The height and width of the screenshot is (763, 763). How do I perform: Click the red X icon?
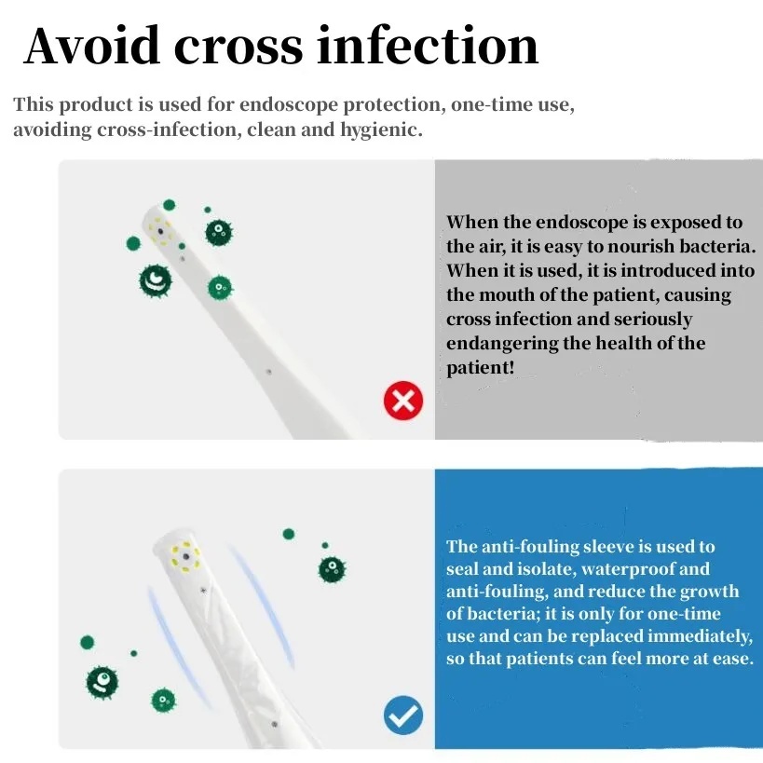click(x=402, y=401)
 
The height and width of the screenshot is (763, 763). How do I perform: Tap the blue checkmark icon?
click(x=402, y=715)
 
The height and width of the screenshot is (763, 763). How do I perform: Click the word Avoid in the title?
click(x=92, y=46)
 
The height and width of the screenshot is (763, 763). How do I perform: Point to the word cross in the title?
click(x=238, y=48)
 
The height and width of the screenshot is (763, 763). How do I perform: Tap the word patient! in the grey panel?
click(x=481, y=368)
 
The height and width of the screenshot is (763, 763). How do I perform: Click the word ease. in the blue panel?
click(x=733, y=659)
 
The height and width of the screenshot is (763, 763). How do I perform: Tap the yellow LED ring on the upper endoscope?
click(x=160, y=232)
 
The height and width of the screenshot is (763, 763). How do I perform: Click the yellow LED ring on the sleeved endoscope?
click(x=185, y=556)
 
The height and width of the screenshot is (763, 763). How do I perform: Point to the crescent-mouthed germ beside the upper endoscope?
click(x=156, y=280)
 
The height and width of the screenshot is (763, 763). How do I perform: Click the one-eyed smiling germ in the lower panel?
click(x=102, y=682)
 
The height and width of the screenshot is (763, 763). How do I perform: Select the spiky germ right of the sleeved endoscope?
click(x=332, y=569)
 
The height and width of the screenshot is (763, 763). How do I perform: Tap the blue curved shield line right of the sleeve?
click(x=263, y=605)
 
